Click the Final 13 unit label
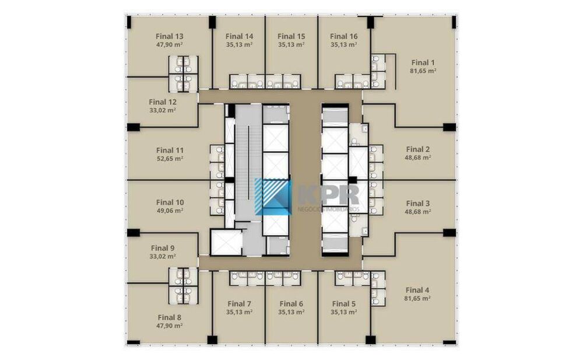point(170,37)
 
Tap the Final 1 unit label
point(423,62)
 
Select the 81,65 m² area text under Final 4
point(417,298)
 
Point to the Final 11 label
point(170,151)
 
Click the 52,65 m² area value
point(170,159)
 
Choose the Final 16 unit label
point(344,37)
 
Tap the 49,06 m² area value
point(170,211)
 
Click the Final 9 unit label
point(163,248)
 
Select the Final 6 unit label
point(291,304)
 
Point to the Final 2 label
point(418,149)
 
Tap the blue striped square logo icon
point(273,196)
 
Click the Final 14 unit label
point(240,37)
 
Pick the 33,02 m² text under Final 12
point(163,111)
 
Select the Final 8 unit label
point(170,317)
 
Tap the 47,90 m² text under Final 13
point(170,45)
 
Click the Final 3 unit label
point(418,203)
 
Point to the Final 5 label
point(344,304)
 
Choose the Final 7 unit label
point(240,304)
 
